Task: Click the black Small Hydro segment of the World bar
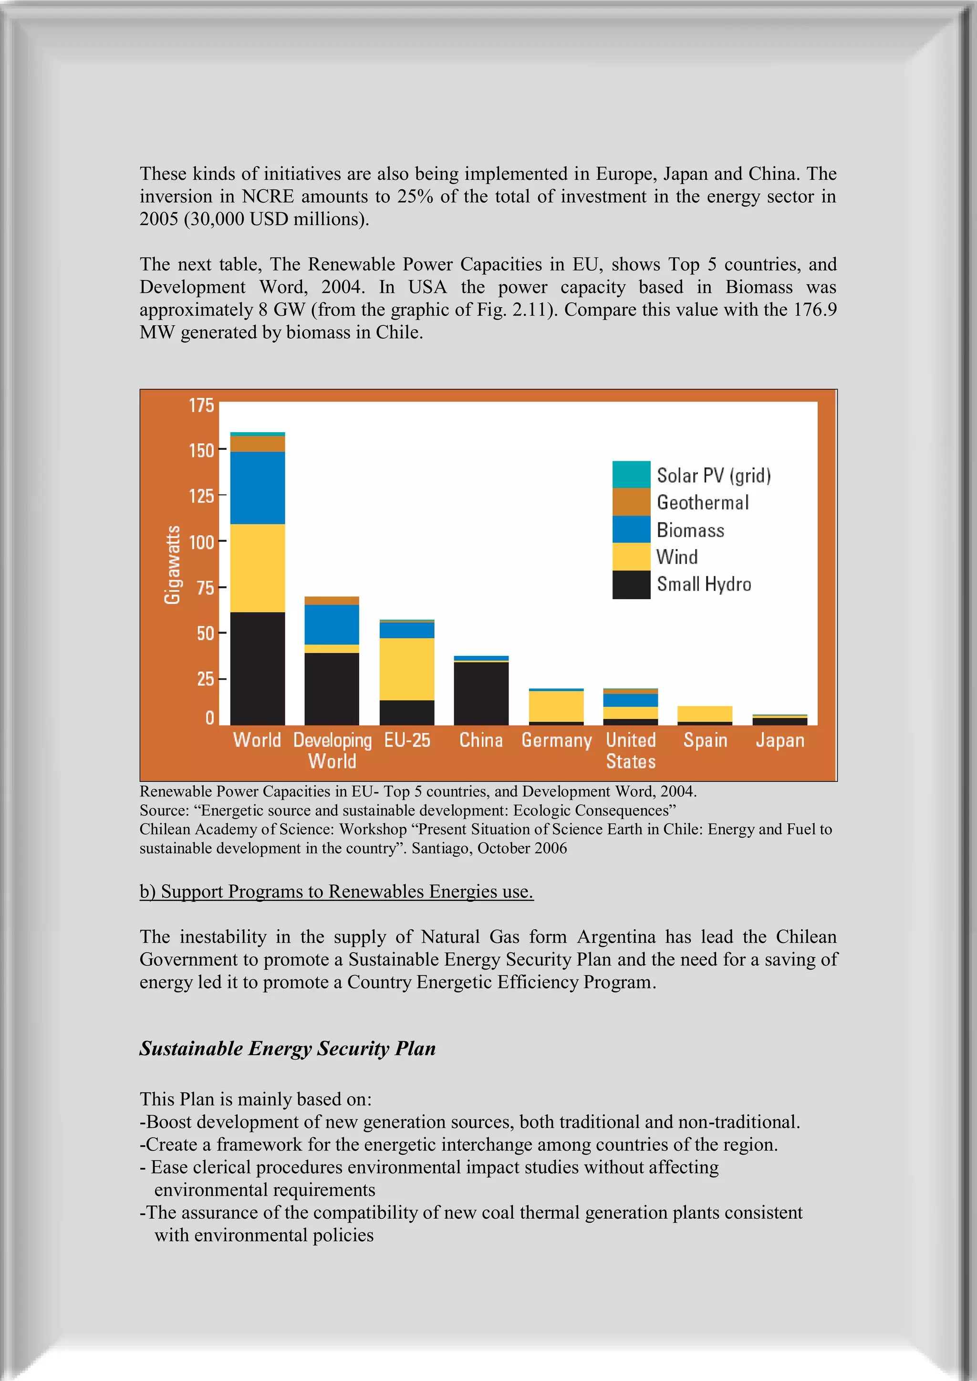(x=258, y=668)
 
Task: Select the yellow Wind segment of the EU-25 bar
(x=406, y=668)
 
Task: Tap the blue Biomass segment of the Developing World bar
(x=332, y=624)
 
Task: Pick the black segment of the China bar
(x=481, y=693)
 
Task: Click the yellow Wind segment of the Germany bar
(x=556, y=706)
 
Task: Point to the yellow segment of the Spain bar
(x=705, y=713)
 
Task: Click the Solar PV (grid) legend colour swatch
(x=631, y=474)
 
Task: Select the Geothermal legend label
(x=703, y=502)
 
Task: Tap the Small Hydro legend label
(x=704, y=584)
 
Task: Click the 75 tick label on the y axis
(x=205, y=587)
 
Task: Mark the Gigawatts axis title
(x=173, y=564)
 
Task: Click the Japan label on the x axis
(x=780, y=740)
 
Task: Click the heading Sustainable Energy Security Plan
(x=288, y=1049)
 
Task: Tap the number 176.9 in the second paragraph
(x=815, y=309)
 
